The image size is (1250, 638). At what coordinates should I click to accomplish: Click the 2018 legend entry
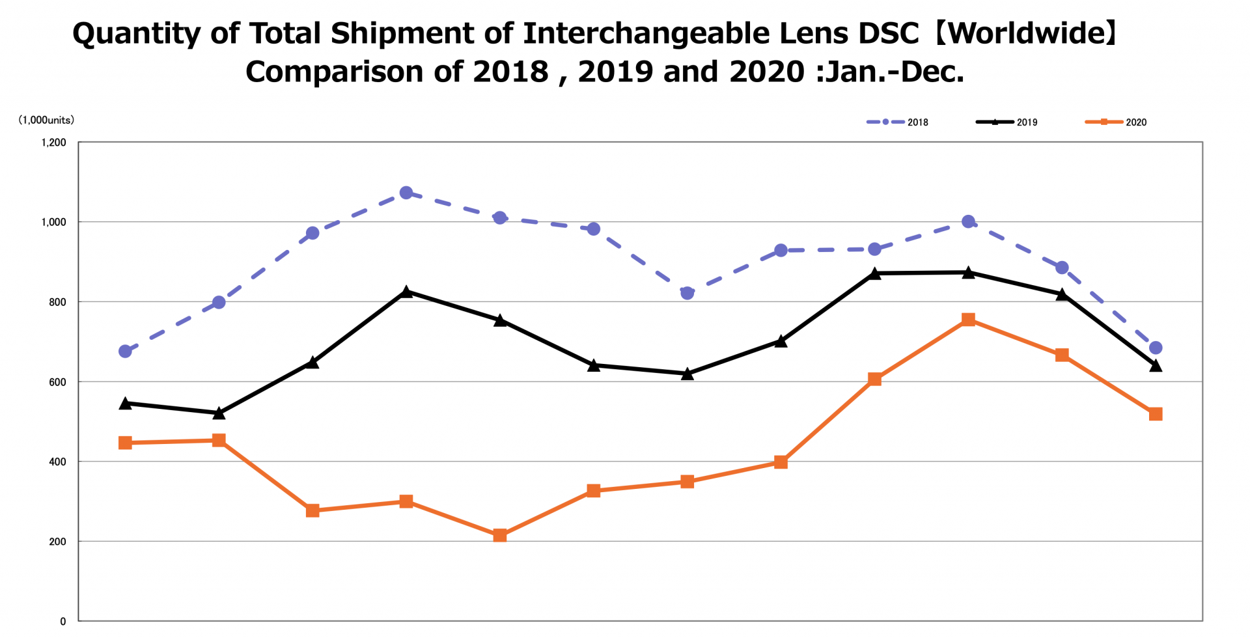(x=898, y=122)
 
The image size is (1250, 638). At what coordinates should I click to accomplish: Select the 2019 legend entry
(x=1008, y=122)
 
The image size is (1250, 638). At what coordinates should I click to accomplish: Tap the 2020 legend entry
(x=1117, y=122)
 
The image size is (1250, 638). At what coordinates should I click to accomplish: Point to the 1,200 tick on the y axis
(x=54, y=143)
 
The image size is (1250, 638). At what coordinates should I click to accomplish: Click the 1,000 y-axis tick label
(x=54, y=222)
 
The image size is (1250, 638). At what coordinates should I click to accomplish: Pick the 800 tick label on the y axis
(x=57, y=302)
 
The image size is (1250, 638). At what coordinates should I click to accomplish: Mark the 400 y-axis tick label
(x=57, y=462)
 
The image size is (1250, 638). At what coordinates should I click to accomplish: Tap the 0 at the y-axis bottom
(x=63, y=622)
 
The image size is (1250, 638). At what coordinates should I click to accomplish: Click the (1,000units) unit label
(x=46, y=120)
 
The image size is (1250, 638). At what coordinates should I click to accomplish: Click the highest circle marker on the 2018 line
(x=406, y=193)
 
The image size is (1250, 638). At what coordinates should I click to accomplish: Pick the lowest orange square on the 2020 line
(x=500, y=536)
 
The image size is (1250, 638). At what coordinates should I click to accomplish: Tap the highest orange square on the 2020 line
(x=968, y=320)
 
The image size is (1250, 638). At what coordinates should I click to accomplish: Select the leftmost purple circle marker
(x=126, y=352)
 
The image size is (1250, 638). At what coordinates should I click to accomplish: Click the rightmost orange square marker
(x=1156, y=414)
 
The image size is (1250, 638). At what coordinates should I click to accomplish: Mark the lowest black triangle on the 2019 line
(x=219, y=413)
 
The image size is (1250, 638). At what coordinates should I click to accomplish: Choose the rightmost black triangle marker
(x=1156, y=366)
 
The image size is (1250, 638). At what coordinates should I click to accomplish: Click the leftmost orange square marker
(x=126, y=443)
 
